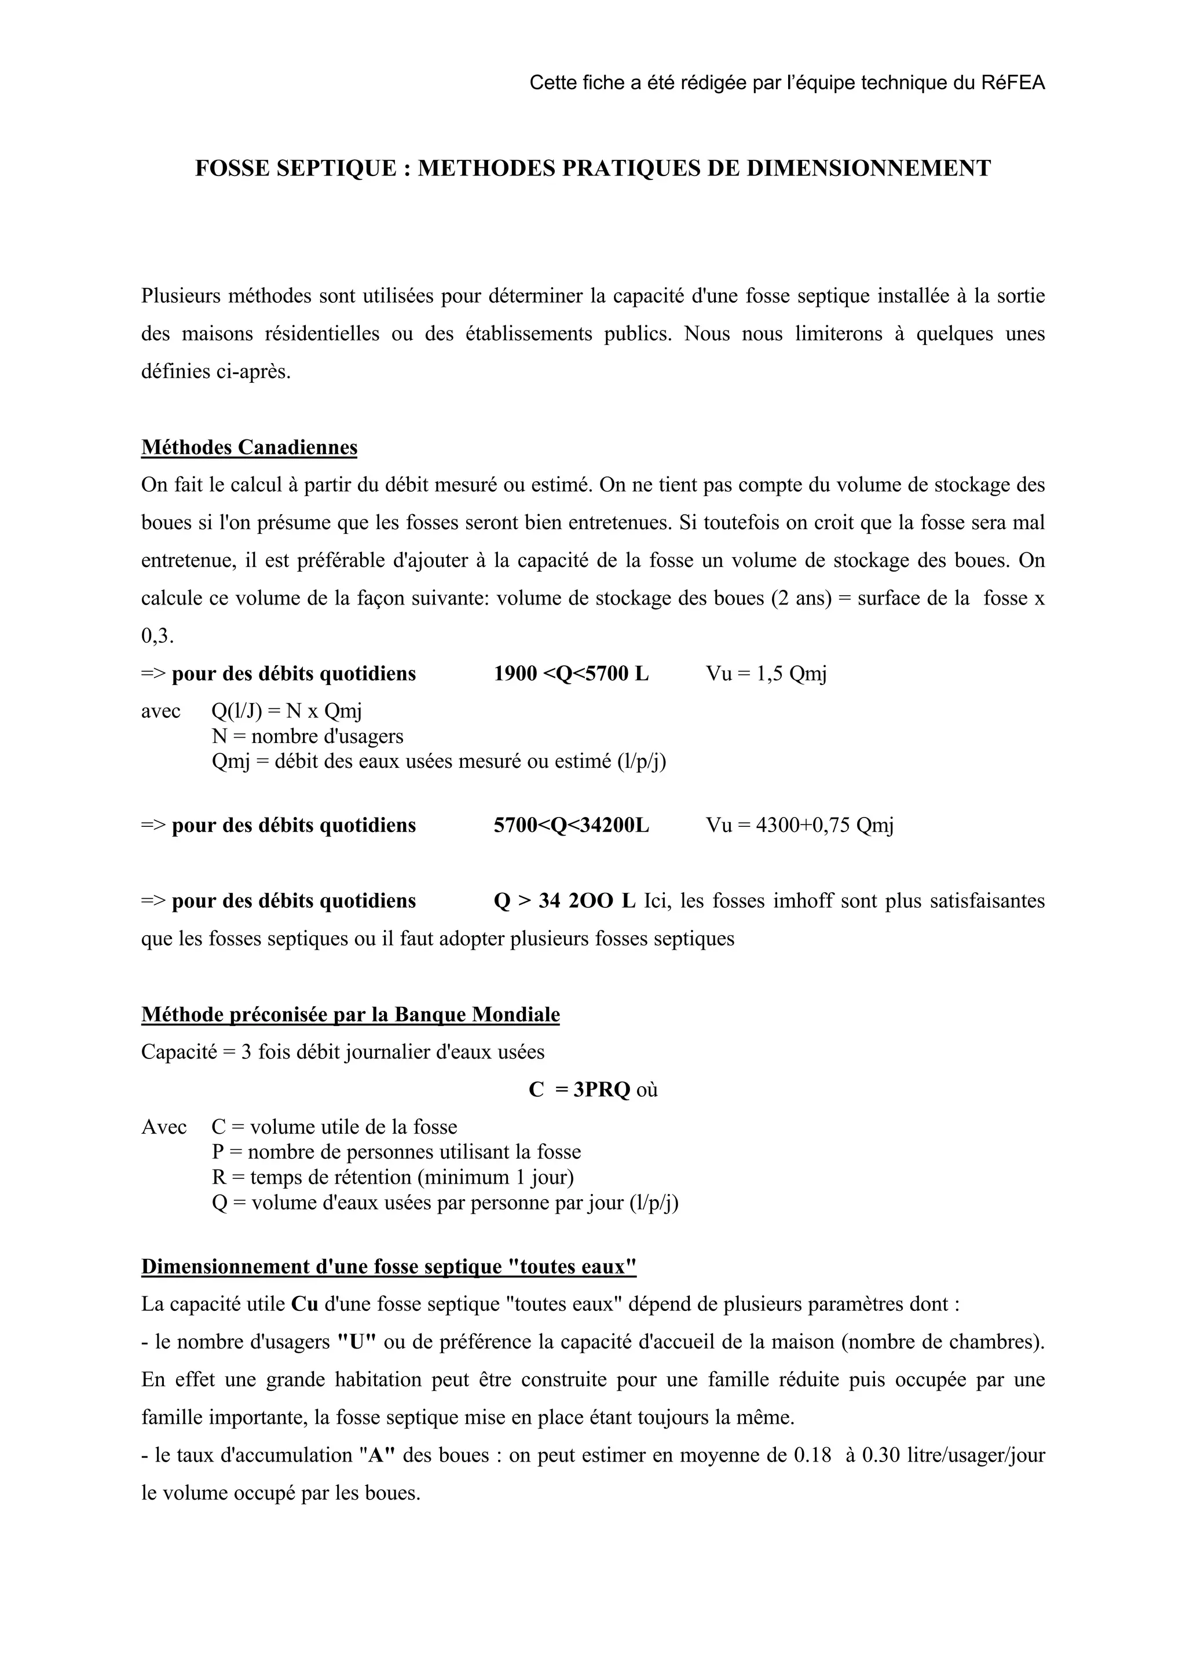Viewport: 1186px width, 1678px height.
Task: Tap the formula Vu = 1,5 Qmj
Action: click(766, 674)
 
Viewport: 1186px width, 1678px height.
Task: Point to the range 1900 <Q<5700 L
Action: click(571, 674)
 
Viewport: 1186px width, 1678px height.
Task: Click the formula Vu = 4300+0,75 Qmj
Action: click(799, 826)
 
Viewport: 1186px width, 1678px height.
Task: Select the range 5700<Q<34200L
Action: click(571, 826)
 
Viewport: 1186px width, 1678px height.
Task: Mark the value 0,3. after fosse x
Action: click(157, 636)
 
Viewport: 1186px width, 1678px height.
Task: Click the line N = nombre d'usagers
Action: click(307, 737)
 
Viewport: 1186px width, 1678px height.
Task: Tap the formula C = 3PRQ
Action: click(580, 1090)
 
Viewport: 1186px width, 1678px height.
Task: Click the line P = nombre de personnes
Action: click(396, 1152)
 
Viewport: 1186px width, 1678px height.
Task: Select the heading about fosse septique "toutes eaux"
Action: click(388, 1266)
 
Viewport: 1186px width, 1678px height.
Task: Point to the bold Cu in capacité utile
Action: click(304, 1305)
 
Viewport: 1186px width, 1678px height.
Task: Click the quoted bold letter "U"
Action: click(356, 1343)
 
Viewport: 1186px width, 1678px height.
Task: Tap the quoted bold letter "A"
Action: click(377, 1455)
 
